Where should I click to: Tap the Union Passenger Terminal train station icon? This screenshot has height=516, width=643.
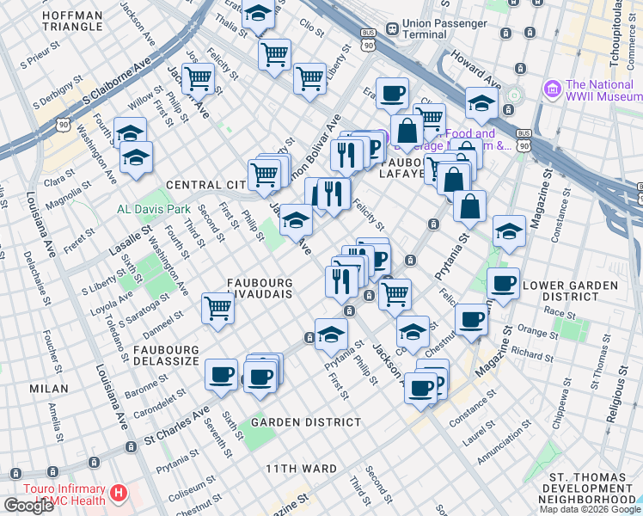(x=391, y=28)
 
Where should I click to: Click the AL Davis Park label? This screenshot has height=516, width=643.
(x=154, y=209)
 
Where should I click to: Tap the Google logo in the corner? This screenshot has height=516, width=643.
(x=28, y=506)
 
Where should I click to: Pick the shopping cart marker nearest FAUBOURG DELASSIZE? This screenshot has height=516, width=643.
(x=218, y=307)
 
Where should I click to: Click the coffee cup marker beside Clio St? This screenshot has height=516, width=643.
(x=392, y=93)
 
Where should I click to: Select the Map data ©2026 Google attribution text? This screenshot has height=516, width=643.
(x=589, y=509)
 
